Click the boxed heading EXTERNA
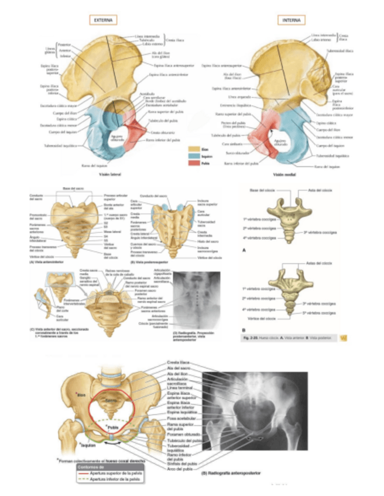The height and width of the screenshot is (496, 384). (x=103, y=20)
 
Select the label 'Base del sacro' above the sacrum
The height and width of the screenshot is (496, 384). (x=71, y=189)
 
